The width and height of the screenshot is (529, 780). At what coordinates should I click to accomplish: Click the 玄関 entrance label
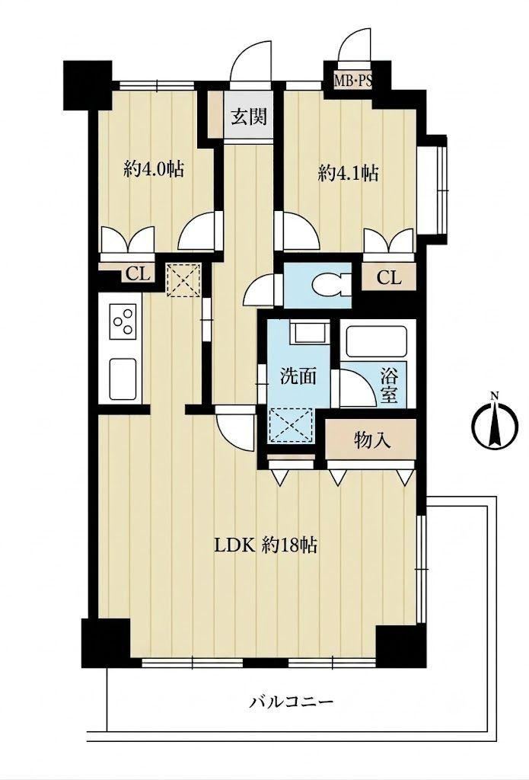point(249,117)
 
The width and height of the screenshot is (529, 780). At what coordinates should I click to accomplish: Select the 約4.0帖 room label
point(154,170)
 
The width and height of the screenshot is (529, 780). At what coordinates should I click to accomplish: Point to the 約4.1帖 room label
point(349,174)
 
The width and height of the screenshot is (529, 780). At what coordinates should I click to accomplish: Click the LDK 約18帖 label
point(266,545)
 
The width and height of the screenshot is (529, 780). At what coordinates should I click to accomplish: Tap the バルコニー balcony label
point(292,703)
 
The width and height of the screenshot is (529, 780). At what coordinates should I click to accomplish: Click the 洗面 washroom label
point(298,376)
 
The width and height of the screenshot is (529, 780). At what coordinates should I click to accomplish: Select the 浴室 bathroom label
point(389,385)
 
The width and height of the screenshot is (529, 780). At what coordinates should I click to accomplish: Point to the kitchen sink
point(123,379)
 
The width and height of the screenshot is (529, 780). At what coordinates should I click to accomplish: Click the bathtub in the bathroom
point(376,341)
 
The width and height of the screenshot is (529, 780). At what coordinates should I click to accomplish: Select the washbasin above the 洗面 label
point(309,332)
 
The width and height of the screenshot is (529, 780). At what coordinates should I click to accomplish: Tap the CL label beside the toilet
point(388,278)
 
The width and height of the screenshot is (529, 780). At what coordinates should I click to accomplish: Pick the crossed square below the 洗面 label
point(290,426)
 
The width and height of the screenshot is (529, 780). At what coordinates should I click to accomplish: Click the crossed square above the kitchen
point(183,280)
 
